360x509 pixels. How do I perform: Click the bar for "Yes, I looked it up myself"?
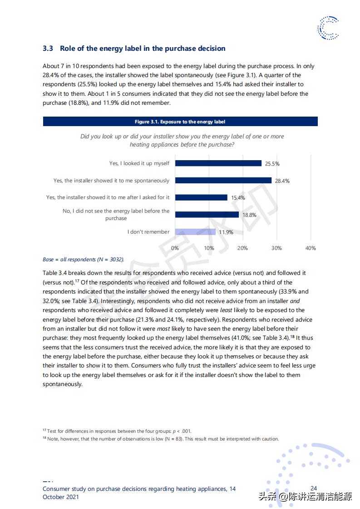click(218, 163)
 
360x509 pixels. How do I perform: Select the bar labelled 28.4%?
click(223, 181)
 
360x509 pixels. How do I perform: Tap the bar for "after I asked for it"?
click(201, 197)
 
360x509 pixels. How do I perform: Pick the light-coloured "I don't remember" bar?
click(195, 232)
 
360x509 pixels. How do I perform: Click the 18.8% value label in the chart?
click(249, 215)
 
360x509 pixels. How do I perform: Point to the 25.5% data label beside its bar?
click(272, 164)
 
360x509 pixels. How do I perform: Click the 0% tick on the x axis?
click(175, 248)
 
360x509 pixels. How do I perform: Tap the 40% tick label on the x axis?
click(311, 248)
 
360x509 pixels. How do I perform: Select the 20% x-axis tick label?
click(242, 248)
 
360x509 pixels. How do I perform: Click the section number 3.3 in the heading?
click(48, 49)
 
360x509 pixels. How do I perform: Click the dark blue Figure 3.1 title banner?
click(180, 122)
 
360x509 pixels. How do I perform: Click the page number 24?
click(314, 489)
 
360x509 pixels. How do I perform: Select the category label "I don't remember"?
click(148, 232)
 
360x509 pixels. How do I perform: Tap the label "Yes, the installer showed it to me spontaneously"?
click(111, 181)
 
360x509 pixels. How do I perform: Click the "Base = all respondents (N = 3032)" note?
click(83, 259)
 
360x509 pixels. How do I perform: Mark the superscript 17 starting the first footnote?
click(44, 430)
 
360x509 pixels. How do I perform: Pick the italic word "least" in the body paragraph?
click(226, 310)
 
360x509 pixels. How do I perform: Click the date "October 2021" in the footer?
click(61, 497)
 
